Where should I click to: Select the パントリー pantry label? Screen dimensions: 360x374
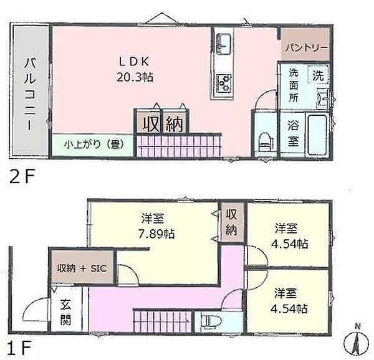click(x=304, y=47)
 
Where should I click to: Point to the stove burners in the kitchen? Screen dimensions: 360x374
click(x=224, y=82)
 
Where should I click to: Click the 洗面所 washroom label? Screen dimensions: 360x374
click(x=293, y=87)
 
